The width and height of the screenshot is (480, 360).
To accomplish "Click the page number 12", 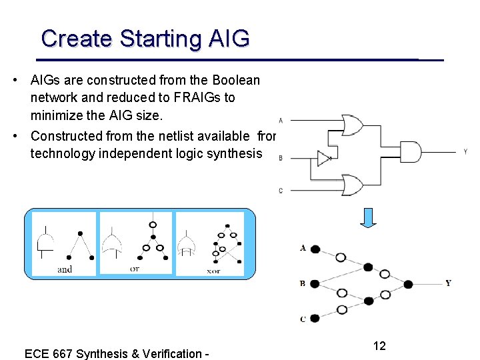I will click(379, 345).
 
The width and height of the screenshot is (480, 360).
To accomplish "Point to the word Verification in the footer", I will click(170, 353).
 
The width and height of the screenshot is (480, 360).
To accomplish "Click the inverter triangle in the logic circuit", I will click(323, 159).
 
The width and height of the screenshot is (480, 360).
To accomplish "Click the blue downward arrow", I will click(369, 217).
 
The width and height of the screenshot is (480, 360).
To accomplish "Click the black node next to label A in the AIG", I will click(315, 249).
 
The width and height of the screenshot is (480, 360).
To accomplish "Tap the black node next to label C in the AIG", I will click(315, 318).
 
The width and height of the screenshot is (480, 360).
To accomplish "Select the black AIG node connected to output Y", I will click(408, 284).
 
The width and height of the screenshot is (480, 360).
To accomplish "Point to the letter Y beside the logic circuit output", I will click(465, 152).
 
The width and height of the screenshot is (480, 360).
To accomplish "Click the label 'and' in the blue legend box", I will click(65, 269).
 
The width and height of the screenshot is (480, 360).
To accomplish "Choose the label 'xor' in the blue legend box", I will click(213, 271).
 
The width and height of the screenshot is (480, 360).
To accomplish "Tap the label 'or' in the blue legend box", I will click(135, 269).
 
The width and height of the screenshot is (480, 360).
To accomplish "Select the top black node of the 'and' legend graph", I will click(80, 233).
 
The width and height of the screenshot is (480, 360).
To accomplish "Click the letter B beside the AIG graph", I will click(303, 284).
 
